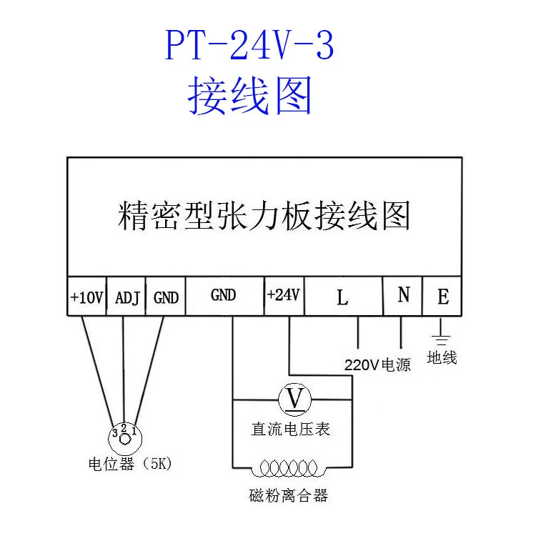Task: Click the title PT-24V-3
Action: [x=249, y=46]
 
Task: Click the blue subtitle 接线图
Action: [x=249, y=96]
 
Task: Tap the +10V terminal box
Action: [x=87, y=296]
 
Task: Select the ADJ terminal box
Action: [x=126, y=296]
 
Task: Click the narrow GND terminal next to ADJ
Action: [x=166, y=296]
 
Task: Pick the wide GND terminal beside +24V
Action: [x=224, y=296]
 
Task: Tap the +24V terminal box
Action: [x=284, y=296]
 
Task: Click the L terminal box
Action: [x=342, y=296]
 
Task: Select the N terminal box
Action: [x=403, y=296]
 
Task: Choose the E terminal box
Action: [x=442, y=296]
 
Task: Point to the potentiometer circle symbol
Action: [x=124, y=433]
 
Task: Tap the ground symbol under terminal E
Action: [x=442, y=337]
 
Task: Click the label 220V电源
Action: [x=378, y=364]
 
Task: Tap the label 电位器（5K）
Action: [x=129, y=465]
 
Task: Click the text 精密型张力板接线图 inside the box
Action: [x=264, y=215]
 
